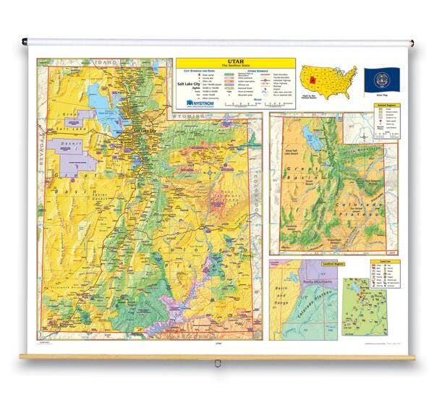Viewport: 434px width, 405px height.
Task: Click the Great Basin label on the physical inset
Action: [x=304, y=174]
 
